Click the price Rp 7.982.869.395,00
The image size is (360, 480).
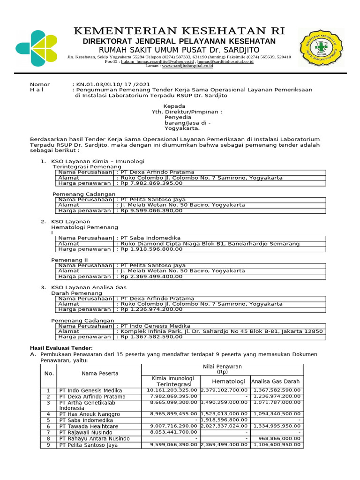point(152,184)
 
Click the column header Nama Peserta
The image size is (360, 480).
point(100,374)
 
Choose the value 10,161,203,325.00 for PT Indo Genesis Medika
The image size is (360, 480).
point(172,390)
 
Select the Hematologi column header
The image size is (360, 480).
point(225,381)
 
